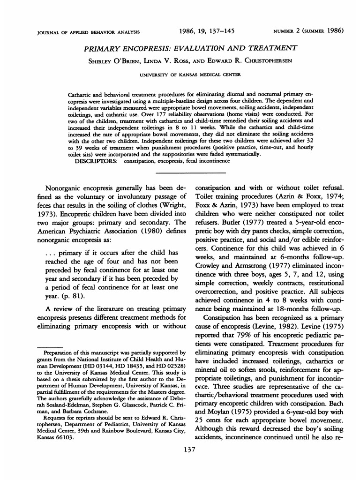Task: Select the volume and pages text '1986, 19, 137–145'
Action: click(x=207, y=31)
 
